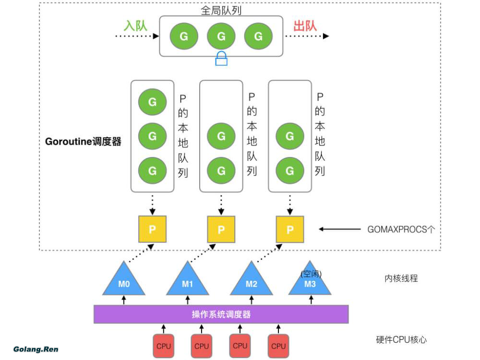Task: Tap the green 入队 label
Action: coord(135,25)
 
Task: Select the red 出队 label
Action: coord(305,25)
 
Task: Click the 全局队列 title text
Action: coord(221,9)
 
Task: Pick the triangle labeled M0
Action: coord(124,282)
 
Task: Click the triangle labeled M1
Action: coord(188,282)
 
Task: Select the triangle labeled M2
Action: coord(252,282)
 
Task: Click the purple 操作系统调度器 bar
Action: coord(221,315)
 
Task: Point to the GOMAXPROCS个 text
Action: coord(401,229)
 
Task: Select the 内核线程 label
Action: coord(401,278)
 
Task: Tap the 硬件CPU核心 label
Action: coord(401,340)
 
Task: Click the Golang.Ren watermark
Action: coord(36,349)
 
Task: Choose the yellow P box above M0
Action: coord(152,229)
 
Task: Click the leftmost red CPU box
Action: coord(163,346)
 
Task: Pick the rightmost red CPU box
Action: coord(278,346)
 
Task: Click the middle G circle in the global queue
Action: coord(221,36)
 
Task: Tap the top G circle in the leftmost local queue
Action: coord(152,102)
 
